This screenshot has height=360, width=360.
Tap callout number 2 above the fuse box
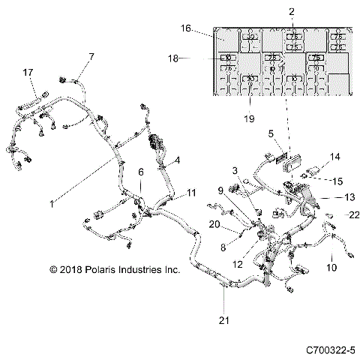pos(292,12)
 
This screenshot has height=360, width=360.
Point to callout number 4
pos(177,160)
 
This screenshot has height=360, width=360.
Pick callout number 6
pos(139,173)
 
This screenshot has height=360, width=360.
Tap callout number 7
pos(91,56)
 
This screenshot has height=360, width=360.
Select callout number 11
pos(191,193)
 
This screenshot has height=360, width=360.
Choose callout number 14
pos(334,157)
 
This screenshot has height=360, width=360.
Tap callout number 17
pos(28,72)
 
